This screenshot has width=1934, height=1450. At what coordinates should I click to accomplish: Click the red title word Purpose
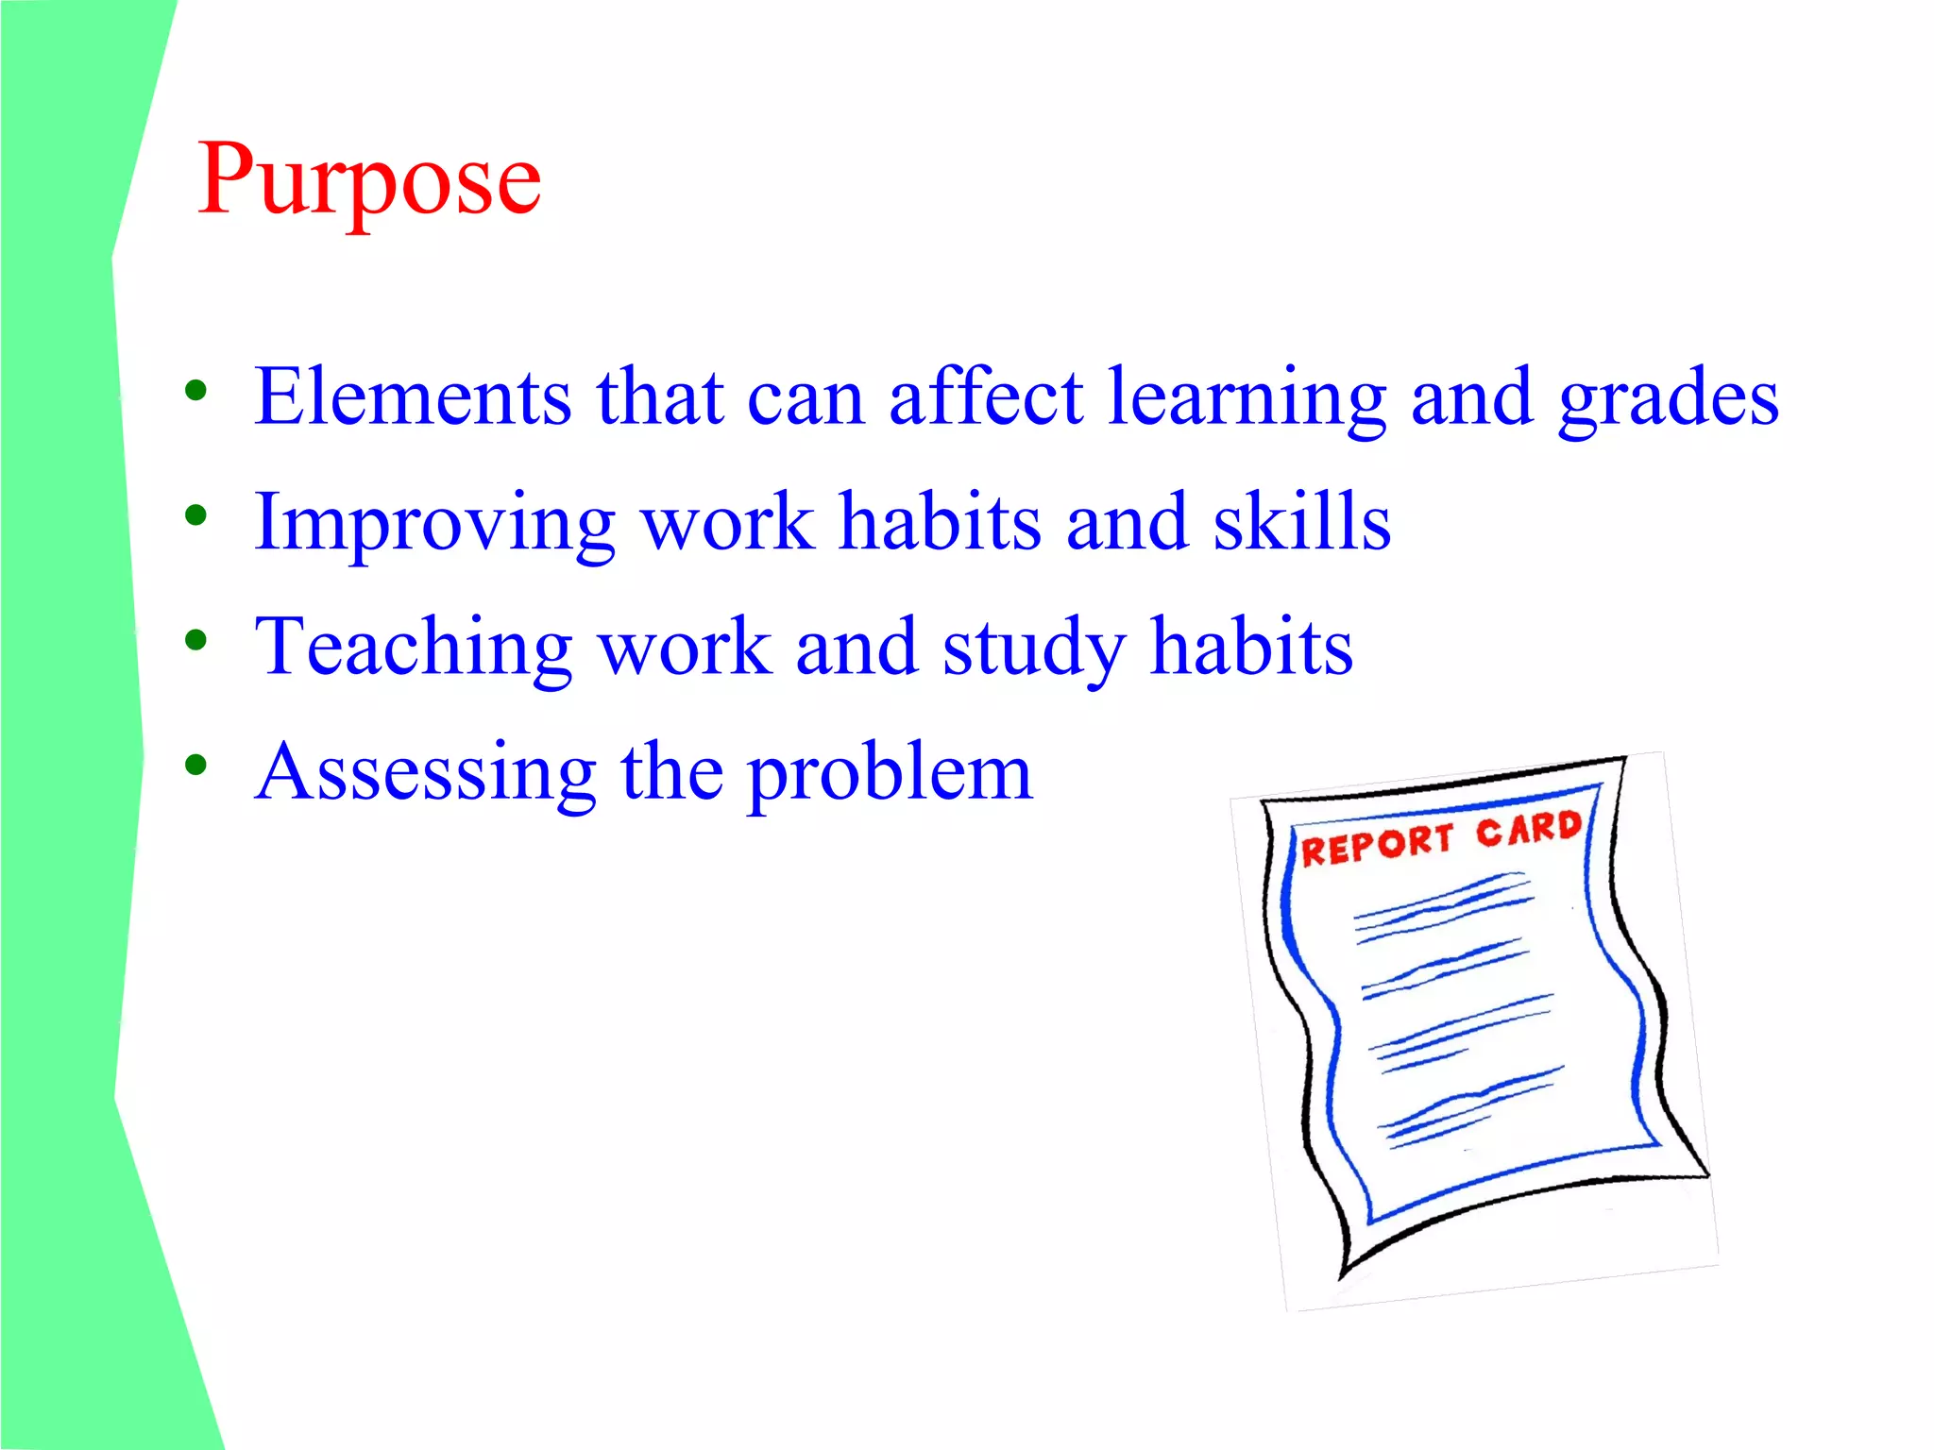369,179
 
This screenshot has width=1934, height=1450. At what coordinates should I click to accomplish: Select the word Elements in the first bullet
413,396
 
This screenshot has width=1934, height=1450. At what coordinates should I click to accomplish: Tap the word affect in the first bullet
985,396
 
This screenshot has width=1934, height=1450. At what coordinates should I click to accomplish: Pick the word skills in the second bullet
1301,521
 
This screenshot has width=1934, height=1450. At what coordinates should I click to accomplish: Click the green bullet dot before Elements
195,390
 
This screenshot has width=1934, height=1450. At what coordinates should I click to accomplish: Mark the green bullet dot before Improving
195,515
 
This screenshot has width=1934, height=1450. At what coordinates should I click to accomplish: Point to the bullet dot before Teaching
195,641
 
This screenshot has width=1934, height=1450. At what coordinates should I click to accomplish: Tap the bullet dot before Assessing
195,766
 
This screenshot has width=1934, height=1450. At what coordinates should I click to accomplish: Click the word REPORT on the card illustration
1376,844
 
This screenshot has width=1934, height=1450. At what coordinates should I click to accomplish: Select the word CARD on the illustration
1529,829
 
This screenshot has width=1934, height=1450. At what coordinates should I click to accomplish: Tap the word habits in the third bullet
1251,647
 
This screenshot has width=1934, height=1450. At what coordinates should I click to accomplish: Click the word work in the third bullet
686,648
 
